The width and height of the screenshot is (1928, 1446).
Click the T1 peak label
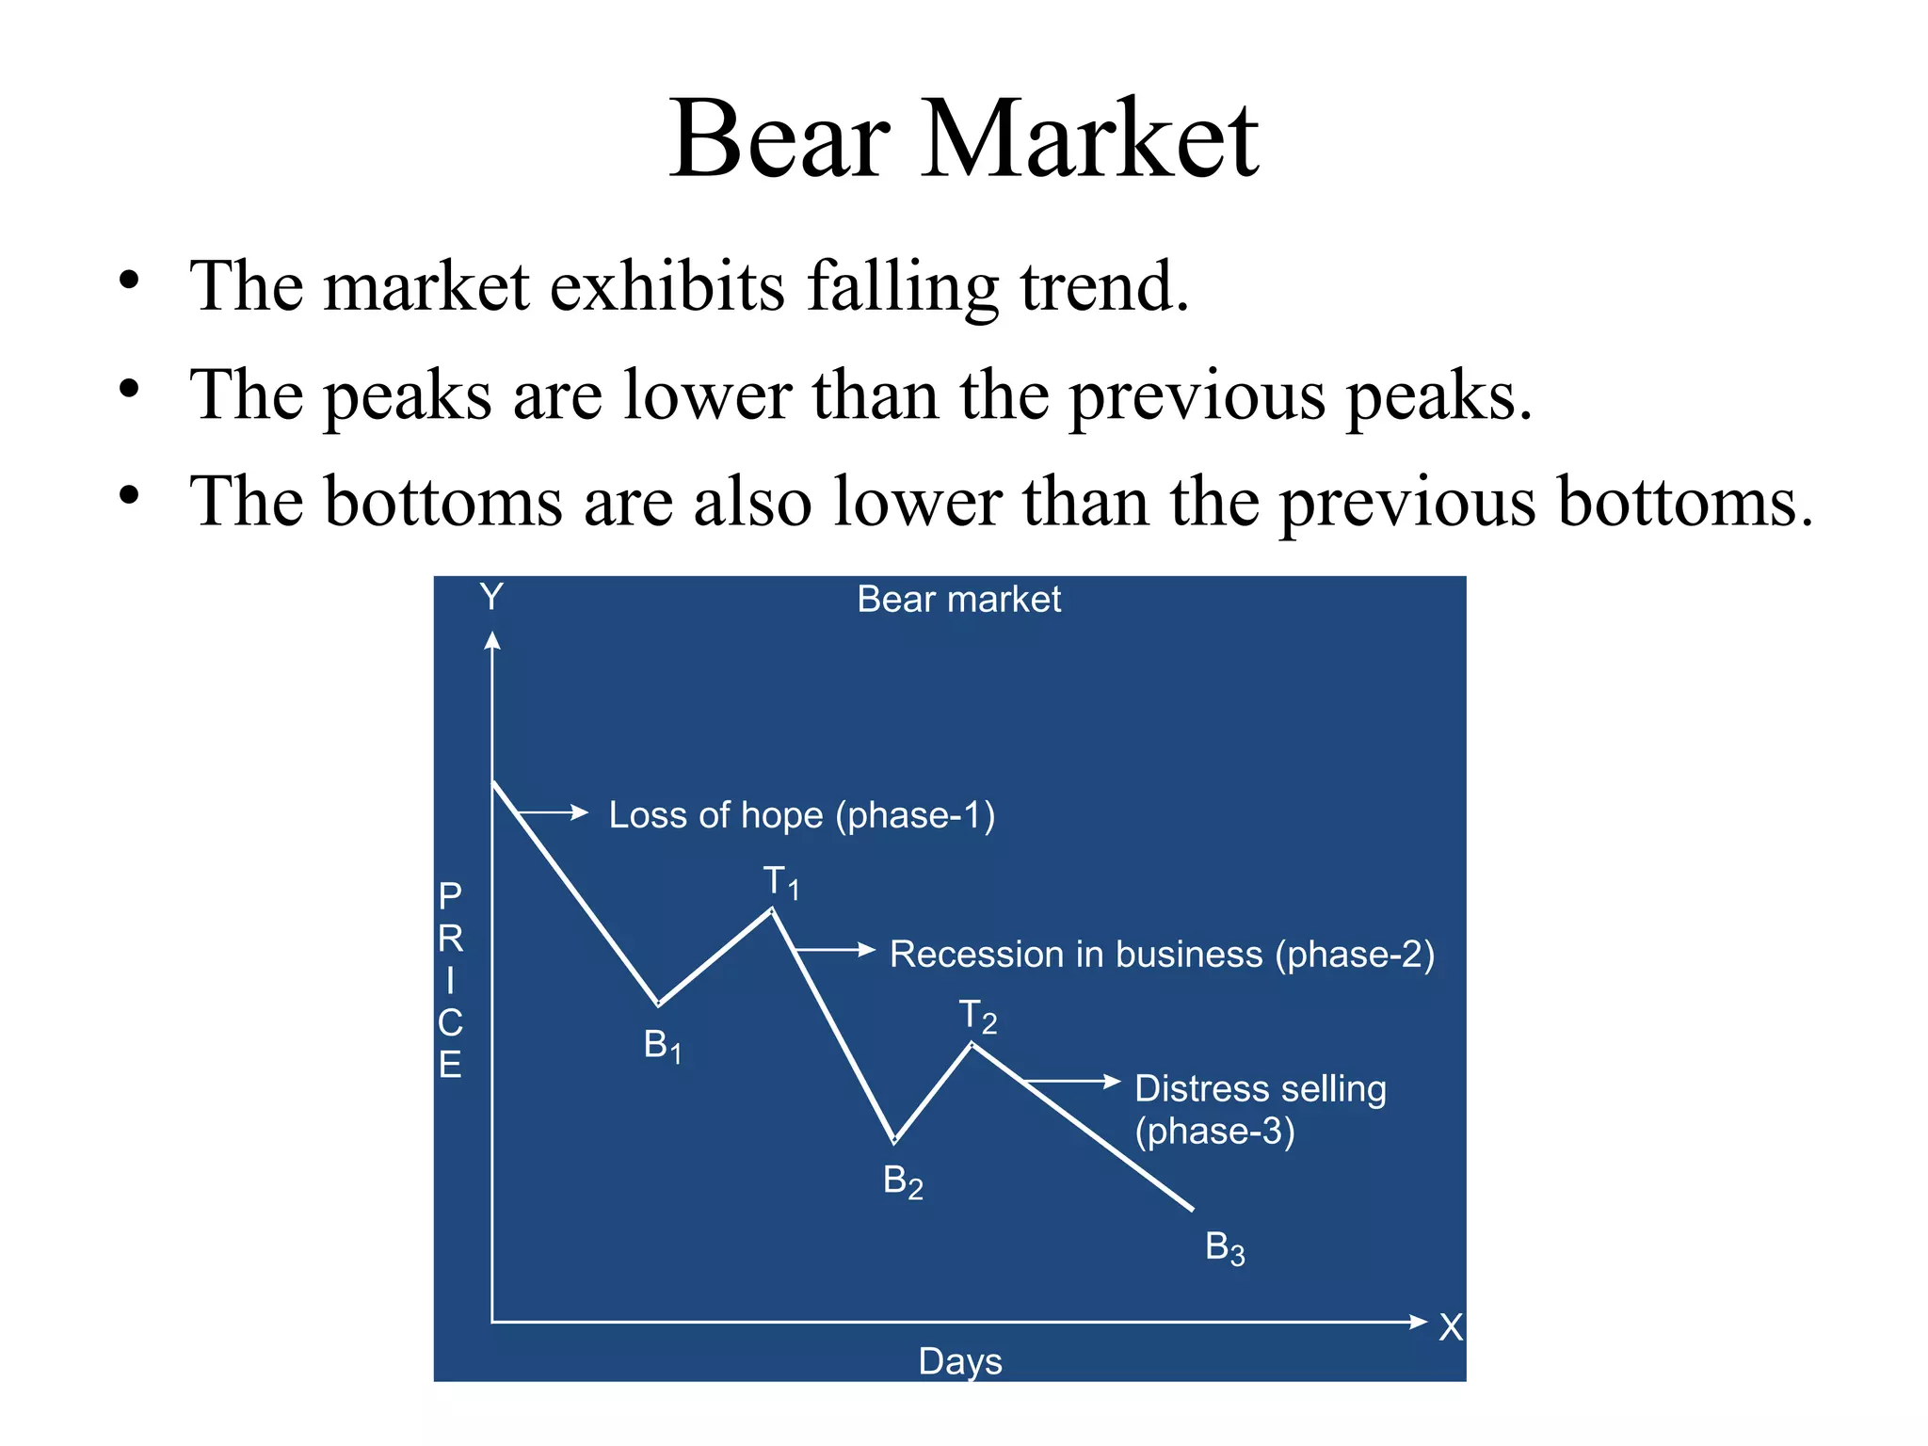click(x=781, y=883)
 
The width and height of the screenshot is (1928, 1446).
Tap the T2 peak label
click(x=978, y=1017)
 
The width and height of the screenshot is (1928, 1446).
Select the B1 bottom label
click(x=663, y=1046)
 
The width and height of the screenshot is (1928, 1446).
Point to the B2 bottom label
click(x=903, y=1181)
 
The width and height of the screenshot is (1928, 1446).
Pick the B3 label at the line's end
click(x=1225, y=1247)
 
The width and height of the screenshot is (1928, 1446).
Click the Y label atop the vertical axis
click(x=491, y=597)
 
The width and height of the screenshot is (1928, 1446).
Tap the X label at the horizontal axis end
click(x=1451, y=1327)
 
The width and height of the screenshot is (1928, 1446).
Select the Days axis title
click(x=960, y=1361)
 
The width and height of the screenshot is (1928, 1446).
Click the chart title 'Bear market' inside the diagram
click(x=958, y=600)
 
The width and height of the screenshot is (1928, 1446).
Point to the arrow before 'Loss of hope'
click(x=553, y=812)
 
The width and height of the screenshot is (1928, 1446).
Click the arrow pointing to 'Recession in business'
click(x=835, y=950)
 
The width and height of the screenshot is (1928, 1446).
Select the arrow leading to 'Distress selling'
click(x=1072, y=1081)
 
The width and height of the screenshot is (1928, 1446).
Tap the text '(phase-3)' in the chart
click(x=1214, y=1131)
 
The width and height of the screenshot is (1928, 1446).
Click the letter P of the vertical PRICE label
click(x=450, y=895)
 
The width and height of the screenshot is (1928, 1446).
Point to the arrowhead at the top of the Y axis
click(x=491, y=640)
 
